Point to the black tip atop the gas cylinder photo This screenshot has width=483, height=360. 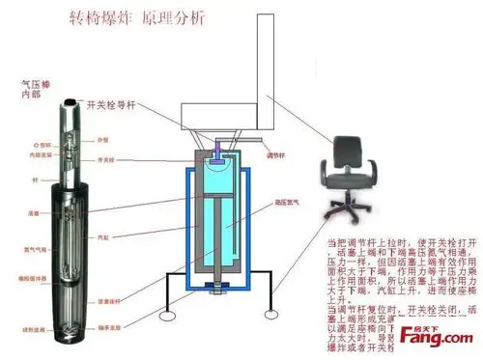72,99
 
